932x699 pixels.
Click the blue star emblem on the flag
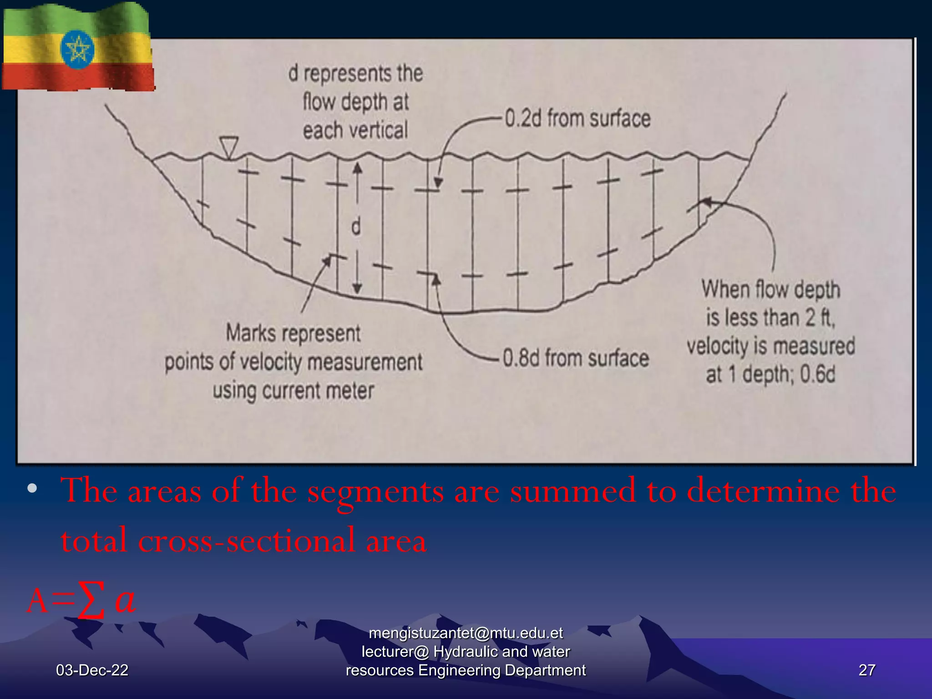tap(77, 49)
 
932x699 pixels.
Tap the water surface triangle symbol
tap(228, 146)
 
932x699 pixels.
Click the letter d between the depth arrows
tap(356, 226)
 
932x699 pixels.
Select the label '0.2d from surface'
tap(577, 119)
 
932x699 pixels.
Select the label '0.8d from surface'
tap(576, 358)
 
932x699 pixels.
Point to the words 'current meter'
tap(318, 391)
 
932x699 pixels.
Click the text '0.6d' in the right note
tap(818, 375)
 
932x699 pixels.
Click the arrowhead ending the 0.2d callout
tap(438, 183)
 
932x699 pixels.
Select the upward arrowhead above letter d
tap(358, 168)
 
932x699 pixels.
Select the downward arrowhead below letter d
tap(357, 288)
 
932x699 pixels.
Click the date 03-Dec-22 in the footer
tap(92, 670)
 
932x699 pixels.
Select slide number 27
tap(866, 670)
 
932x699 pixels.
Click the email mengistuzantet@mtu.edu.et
tap(466, 633)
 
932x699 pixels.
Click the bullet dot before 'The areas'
tap(32, 489)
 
